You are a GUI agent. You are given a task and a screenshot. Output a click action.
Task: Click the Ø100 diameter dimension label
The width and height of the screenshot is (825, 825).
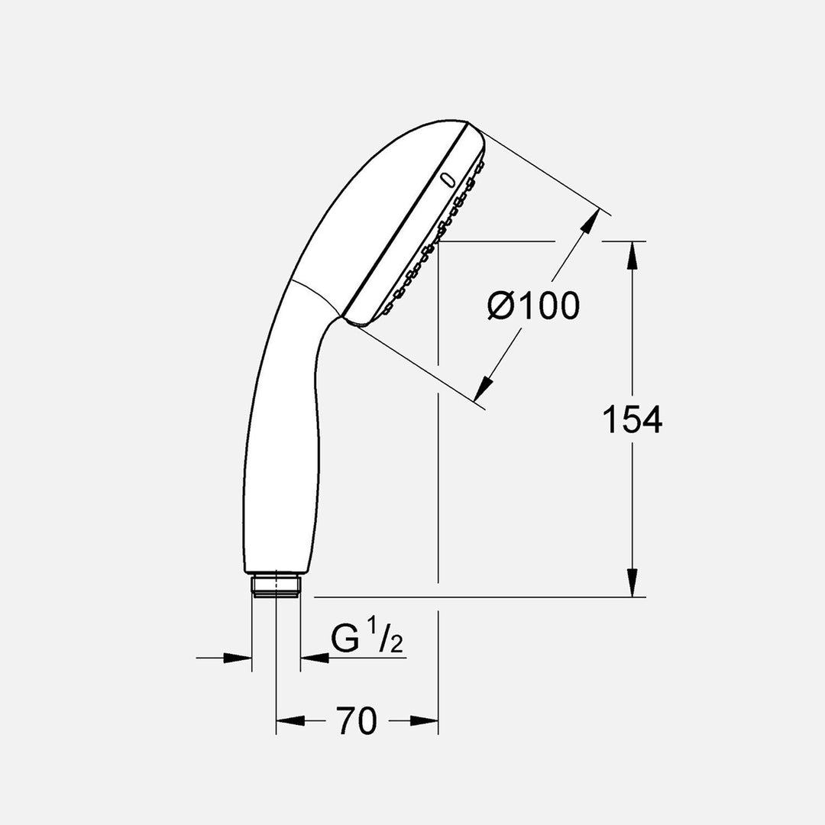[x=533, y=306]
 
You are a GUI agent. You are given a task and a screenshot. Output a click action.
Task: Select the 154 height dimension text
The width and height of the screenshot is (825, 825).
[x=632, y=419]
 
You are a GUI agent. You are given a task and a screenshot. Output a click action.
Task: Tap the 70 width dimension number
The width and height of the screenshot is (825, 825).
[x=357, y=721]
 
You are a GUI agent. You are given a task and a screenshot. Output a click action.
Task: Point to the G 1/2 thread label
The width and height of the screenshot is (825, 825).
[x=367, y=640]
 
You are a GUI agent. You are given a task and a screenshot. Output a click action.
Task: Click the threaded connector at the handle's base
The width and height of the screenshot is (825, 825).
[x=276, y=586]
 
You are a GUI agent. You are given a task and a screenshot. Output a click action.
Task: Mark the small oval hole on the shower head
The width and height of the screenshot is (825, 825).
[x=447, y=180]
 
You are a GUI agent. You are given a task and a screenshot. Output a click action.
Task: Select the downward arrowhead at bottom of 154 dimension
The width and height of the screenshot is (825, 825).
[x=632, y=584]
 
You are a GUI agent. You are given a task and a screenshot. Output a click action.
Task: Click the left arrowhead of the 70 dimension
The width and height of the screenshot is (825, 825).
[x=290, y=720]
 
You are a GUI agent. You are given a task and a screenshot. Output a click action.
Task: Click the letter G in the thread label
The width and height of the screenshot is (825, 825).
[x=345, y=640]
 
